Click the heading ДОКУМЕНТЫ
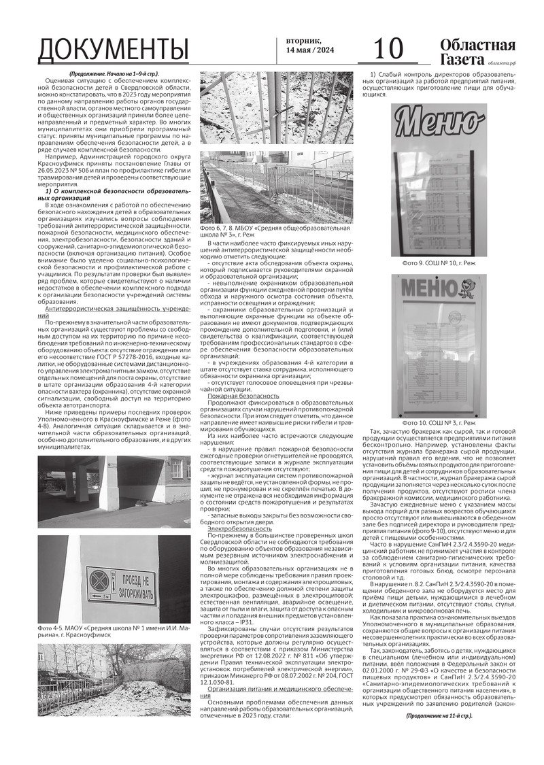click(x=113, y=50)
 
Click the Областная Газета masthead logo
click(x=477, y=50)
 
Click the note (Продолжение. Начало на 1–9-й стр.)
click(x=114, y=73)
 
